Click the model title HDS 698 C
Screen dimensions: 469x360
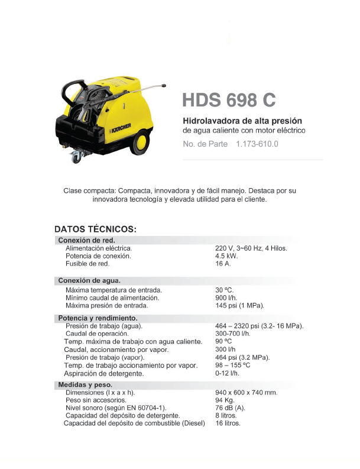click(x=229, y=100)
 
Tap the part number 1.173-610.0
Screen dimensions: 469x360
click(x=257, y=144)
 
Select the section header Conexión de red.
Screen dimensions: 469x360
click(x=86, y=240)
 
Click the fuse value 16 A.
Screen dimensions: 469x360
click(x=223, y=264)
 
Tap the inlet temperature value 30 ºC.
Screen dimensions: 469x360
click(x=225, y=290)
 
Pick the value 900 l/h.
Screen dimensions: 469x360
click(x=226, y=298)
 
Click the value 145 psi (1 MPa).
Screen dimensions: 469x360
click(x=239, y=306)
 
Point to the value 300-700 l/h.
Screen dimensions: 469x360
click(x=233, y=334)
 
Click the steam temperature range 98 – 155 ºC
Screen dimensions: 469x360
click(x=233, y=366)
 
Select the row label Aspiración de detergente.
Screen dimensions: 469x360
click(x=103, y=374)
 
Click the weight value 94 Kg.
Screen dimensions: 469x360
click(x=225, y=400)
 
